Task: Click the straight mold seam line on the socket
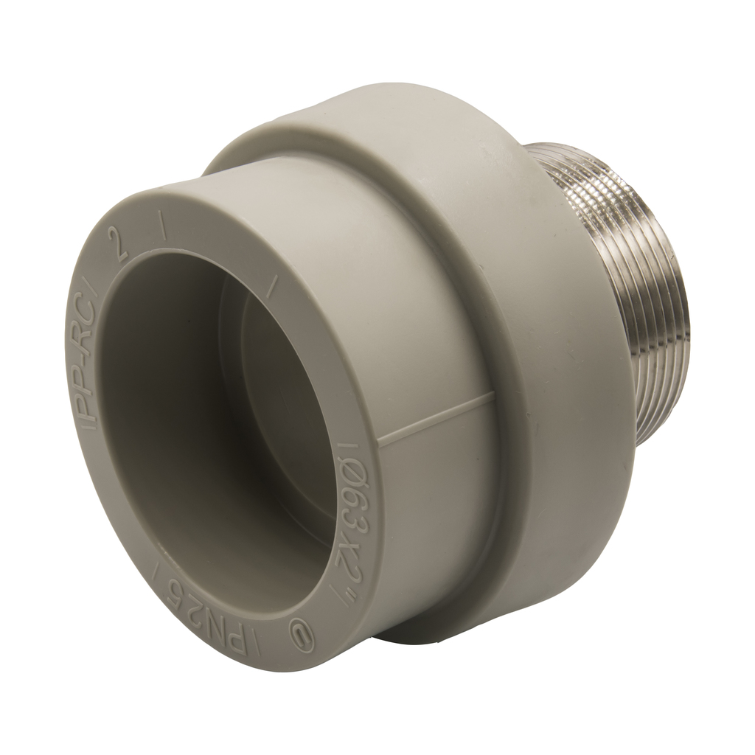point(436,418)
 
